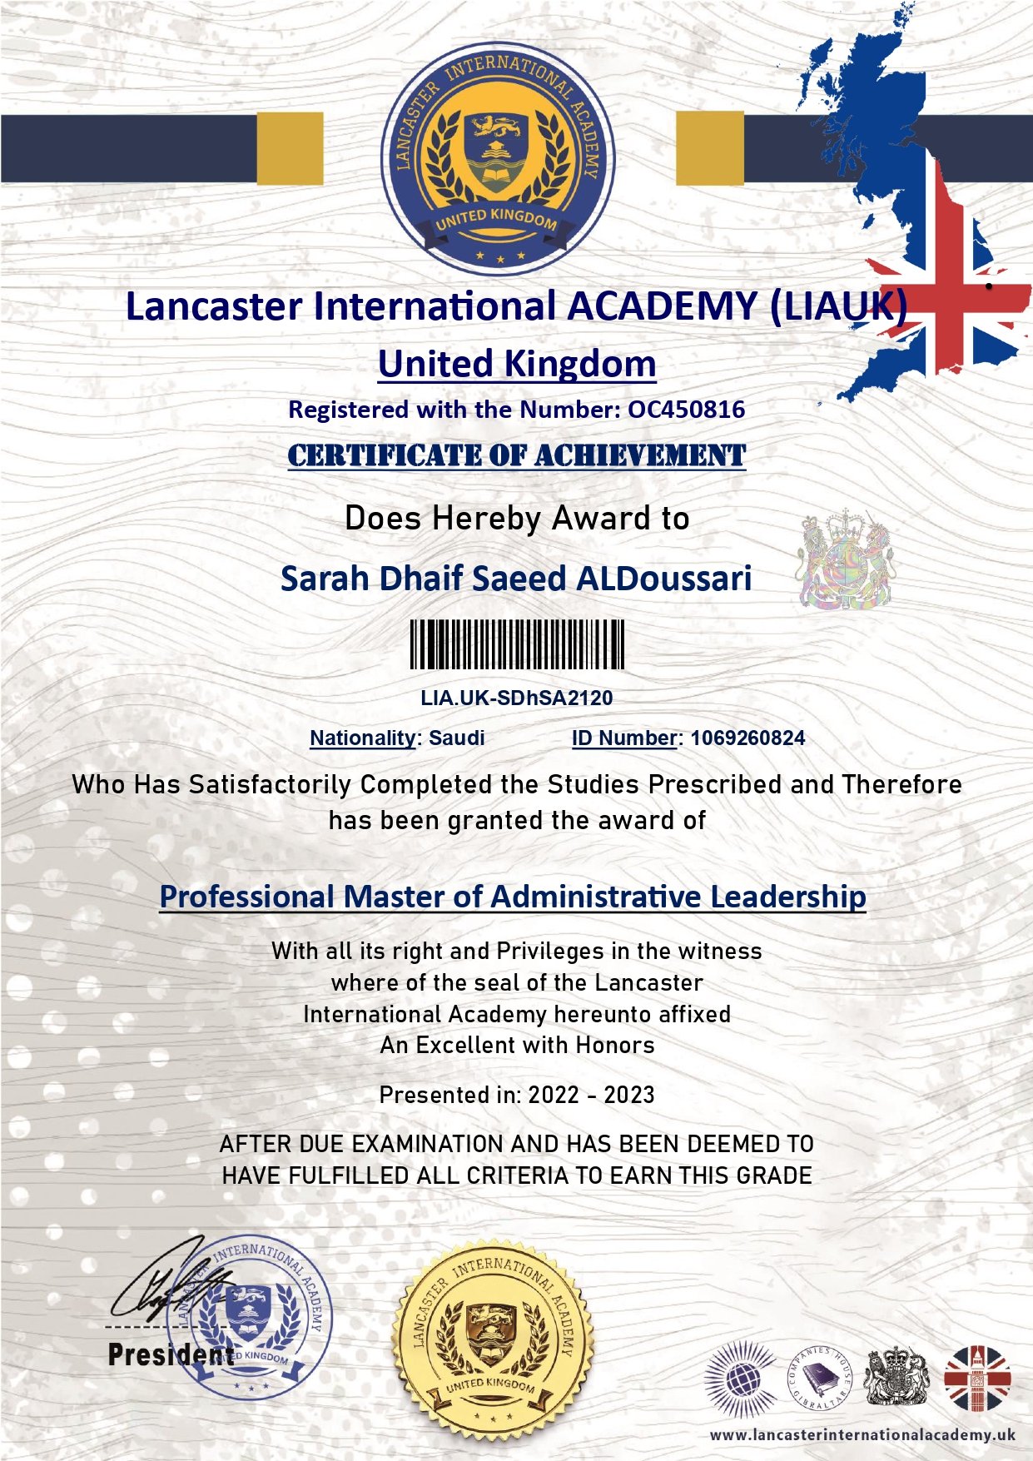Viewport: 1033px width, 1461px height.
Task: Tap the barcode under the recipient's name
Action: (517, 644)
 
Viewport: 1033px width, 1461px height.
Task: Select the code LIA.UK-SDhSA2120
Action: (516, 698)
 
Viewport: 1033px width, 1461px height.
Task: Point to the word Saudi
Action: (457, 738)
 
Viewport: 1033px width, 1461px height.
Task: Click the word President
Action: (171, 1354)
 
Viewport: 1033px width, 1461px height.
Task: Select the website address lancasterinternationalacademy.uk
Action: (862, 1435)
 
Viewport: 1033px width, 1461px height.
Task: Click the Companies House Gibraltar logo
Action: (819, 1379)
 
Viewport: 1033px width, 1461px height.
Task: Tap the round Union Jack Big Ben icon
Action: (977, 1379)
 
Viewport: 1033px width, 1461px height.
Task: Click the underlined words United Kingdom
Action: (517, 364)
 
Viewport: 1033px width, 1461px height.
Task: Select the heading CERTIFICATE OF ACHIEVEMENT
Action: (517, 455)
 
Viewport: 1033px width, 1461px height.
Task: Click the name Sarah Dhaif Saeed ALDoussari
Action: (516, 579)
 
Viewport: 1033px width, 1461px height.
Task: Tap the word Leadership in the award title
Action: (787, 897)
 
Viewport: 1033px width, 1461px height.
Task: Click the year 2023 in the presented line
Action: (629, 1095)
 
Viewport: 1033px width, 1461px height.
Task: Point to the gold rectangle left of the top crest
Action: (290, 148)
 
